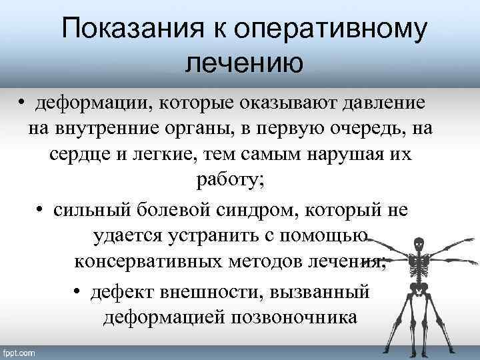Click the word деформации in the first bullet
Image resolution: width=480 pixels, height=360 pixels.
coord(87,105)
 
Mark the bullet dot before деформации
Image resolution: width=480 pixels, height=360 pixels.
coord(22,105)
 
